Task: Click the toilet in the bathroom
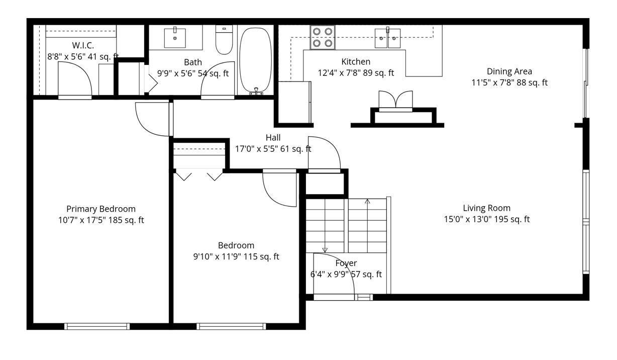(224, 40)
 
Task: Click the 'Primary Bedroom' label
(101, 209)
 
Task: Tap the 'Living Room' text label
(486, 208)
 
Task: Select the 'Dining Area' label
(509, 71)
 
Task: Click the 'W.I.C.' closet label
(83, 45)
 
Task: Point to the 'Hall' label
(273, 137)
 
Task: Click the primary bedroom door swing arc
(151, 119)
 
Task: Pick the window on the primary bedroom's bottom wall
(97, 326)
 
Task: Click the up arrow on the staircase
(367, 202)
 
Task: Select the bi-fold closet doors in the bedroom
(199, 175)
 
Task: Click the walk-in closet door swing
(74, 80)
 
